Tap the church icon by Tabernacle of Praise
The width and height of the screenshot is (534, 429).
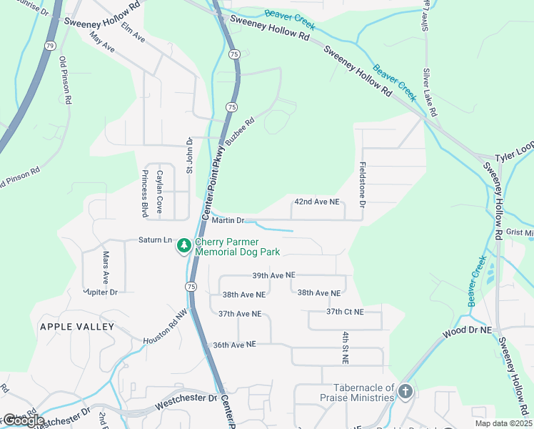click(405, 391)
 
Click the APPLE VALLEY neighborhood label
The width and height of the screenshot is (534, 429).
click(76, 327)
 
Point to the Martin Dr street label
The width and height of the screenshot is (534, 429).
click(228, 220)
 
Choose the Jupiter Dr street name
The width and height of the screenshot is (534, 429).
click(101, 292)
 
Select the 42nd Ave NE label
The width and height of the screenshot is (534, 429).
click(317, 202)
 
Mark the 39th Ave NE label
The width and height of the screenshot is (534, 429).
click(273, 275)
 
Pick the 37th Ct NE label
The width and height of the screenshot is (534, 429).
click(345, 312)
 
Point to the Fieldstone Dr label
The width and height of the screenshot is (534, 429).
click(363, 184)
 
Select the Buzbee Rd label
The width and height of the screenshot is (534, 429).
click(240, 132)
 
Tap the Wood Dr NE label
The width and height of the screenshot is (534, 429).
click(467, 332)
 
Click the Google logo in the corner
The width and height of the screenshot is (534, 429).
click(22, 420)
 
